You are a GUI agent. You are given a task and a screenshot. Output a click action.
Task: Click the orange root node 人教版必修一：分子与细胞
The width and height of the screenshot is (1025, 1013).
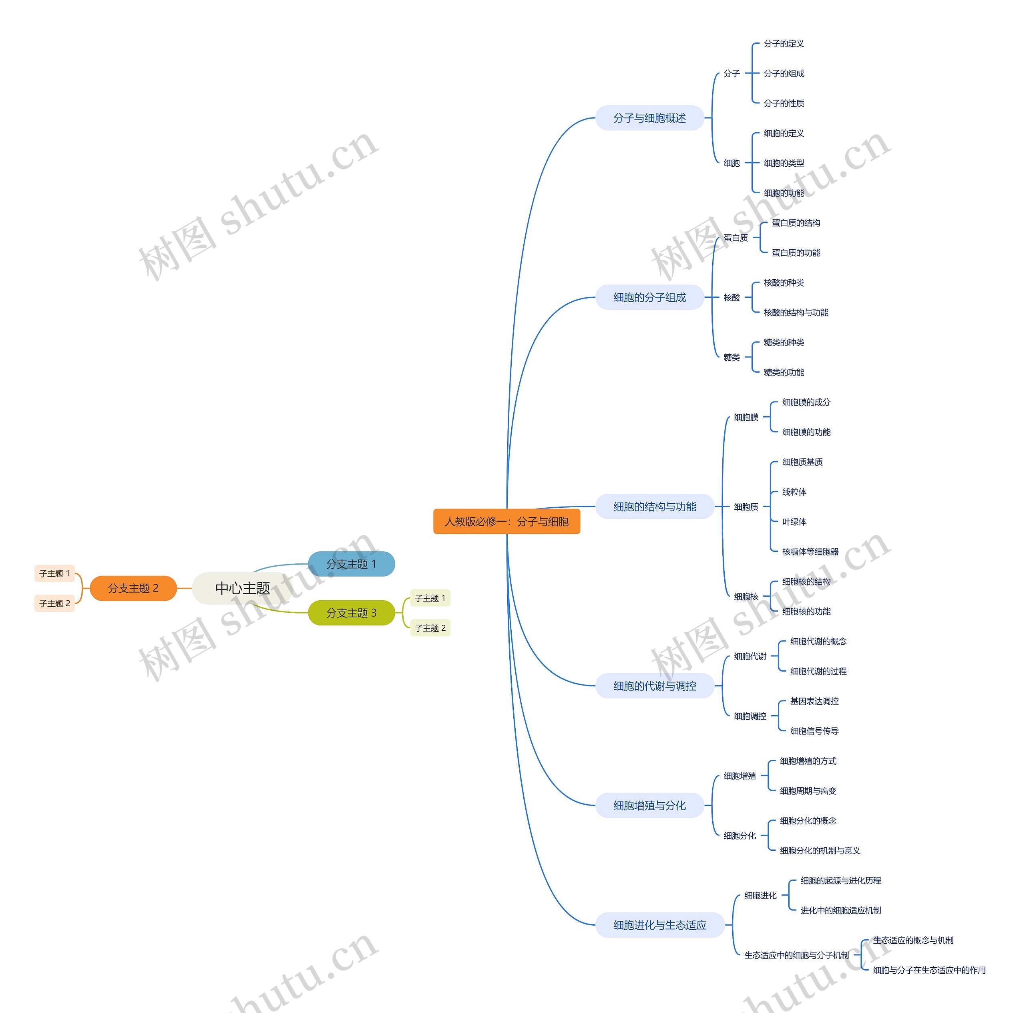(x=506, y=521)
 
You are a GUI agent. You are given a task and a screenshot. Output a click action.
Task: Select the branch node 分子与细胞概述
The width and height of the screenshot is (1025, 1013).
(x=649, y=118)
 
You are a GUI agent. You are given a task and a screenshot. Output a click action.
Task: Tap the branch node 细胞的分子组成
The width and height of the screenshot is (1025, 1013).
(x=649, y=297)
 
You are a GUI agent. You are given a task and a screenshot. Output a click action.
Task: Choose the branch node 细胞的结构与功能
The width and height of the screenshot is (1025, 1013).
(x=655, y=507)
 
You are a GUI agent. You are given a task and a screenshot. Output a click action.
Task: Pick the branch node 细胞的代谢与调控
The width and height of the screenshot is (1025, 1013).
(x=655, y=686)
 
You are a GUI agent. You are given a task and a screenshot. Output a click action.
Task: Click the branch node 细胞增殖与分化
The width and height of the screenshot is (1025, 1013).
(x=649, y=805)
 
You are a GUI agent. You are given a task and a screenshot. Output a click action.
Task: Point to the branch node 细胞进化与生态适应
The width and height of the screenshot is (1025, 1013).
(x=659, y=925)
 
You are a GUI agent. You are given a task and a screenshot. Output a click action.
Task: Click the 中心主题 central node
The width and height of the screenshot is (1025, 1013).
(x=243, y=588)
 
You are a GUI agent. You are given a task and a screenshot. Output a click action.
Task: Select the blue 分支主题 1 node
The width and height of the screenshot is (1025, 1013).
(x=351, y=564)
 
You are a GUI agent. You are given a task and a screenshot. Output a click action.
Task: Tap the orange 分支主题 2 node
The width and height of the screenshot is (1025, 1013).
(x=133, y=588)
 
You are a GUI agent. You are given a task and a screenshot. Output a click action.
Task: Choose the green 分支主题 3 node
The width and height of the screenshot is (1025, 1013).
(x=351, y=613)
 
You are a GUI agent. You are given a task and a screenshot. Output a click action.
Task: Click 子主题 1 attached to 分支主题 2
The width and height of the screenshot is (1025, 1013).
(x=54, y=573)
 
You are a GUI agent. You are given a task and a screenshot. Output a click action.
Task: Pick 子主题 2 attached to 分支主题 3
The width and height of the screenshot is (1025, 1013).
(x=430, y=628)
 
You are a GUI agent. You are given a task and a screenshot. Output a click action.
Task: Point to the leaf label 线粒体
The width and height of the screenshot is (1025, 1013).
(x=794, y=492)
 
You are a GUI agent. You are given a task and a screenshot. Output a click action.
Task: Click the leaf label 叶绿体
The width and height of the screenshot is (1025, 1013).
(x=794, y=522)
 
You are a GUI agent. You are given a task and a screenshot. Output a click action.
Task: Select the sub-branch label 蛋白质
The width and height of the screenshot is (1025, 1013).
(x=736, y=238)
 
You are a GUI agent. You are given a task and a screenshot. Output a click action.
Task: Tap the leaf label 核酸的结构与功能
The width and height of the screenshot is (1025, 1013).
(x=796, y=313)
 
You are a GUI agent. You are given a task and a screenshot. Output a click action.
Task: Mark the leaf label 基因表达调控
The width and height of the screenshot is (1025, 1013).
(x=814, y=701)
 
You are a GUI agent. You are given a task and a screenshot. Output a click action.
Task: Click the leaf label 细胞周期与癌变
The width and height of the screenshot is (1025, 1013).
(x=808, y=791)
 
